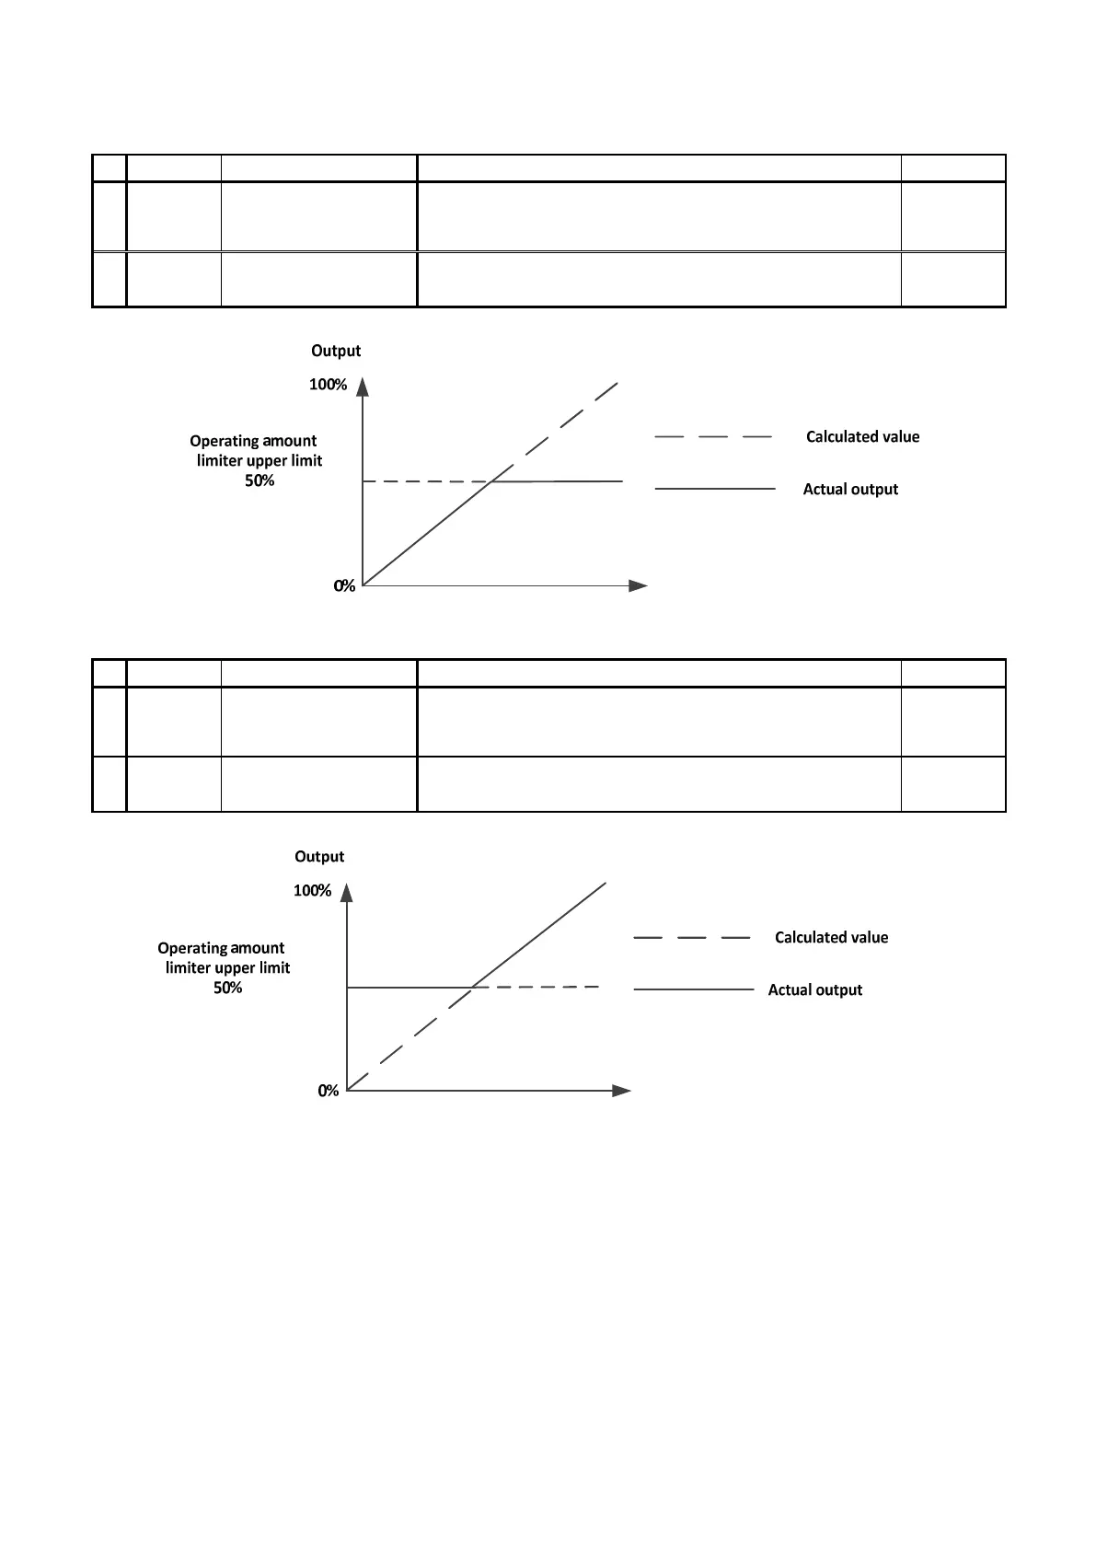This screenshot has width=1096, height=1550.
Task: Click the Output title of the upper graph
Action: click(336, 351)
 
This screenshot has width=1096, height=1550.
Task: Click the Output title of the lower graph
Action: click(319, 857)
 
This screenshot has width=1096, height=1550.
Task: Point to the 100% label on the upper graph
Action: click(328, 385)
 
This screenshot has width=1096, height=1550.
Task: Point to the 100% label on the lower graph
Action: click(312, 891)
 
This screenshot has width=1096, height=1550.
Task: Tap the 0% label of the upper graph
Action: click(344, 586)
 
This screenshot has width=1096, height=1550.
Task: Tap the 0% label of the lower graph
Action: click(329, 1091)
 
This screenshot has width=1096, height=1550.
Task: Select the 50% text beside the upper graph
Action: click(260, 480)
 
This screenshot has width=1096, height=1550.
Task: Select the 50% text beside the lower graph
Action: click(228, 988)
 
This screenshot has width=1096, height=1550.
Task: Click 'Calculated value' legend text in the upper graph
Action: click(862, 437)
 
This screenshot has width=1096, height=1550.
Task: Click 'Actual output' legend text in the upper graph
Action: click(850, 490)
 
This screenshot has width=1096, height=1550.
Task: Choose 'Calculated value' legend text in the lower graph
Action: click(831, 938)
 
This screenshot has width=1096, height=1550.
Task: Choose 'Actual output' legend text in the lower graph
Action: click(815, 990)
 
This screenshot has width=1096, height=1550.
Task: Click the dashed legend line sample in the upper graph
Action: click(713, 437)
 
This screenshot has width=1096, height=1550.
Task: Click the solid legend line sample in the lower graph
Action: click(694, 990)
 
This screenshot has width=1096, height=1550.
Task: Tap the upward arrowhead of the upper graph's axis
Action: click(363, 387)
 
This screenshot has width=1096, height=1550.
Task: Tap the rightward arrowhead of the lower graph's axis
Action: click(621, 1091)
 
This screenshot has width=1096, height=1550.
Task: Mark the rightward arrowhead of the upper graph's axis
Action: click(638, 585)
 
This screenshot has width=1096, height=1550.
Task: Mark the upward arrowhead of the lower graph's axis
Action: click(347, 893)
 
